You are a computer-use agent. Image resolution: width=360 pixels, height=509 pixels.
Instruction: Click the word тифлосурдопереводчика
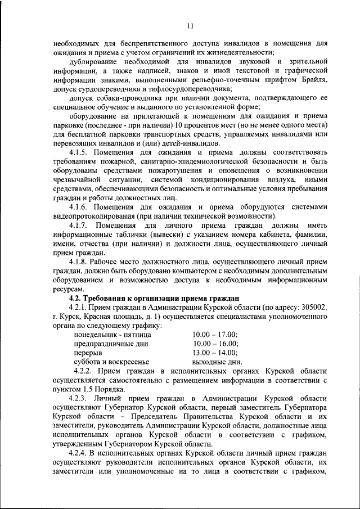[x=191, y=89]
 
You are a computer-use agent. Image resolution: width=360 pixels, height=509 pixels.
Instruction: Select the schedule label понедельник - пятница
[x=112, y=335]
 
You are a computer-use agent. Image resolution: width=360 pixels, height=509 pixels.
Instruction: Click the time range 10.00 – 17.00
[x=215, y=335]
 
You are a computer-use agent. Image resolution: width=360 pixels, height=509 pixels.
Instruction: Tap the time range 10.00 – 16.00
[x=215, y=344]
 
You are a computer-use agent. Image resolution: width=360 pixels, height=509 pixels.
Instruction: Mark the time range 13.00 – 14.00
[x=215, y=353]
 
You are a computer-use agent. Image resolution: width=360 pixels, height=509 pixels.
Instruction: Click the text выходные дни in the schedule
[x=217, y=362]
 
